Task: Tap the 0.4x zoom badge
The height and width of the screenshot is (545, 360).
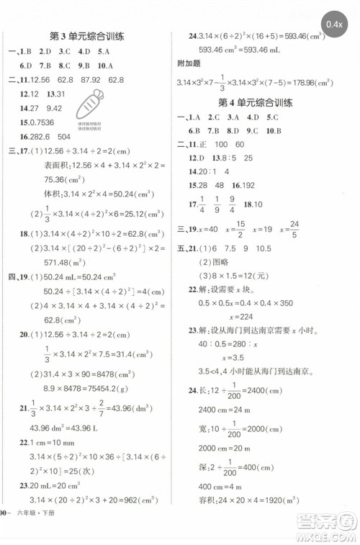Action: pos(334,25)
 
